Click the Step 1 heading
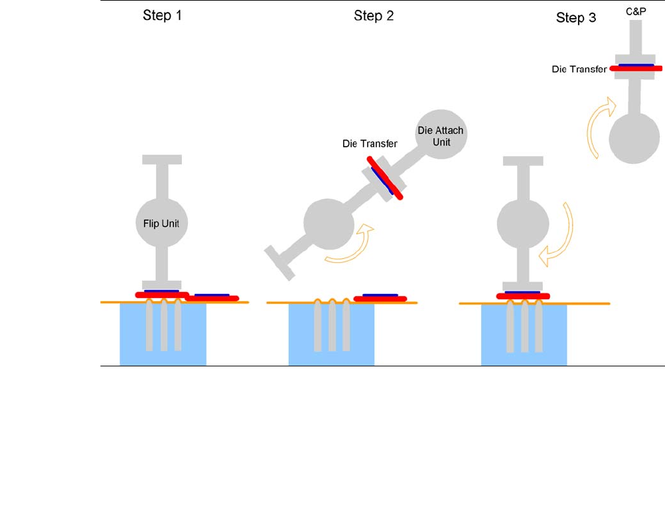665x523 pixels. click(x=162, y=16)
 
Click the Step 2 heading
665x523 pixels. click(x=374, y=16)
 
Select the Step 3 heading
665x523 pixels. click(x=575, y=18)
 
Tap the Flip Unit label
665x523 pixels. click(x=162, y=224)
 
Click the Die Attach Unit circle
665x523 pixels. click(x=439, y=135)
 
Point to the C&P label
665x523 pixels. click(x=635, y=11)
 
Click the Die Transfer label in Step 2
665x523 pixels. click(x=370, y=143)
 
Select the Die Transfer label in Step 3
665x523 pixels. click(x=579, y=68)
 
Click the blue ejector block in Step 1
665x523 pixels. click(x=163, y=335)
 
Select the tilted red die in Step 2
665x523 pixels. click(x=385, y=179)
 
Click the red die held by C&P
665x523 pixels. click(x=636, y=68)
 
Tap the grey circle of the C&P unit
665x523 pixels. click(x=635, y=137)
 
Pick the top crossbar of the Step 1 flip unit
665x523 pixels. click(x=162, y=160)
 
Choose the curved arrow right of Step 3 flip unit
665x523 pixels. click(x=557, y=236)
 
